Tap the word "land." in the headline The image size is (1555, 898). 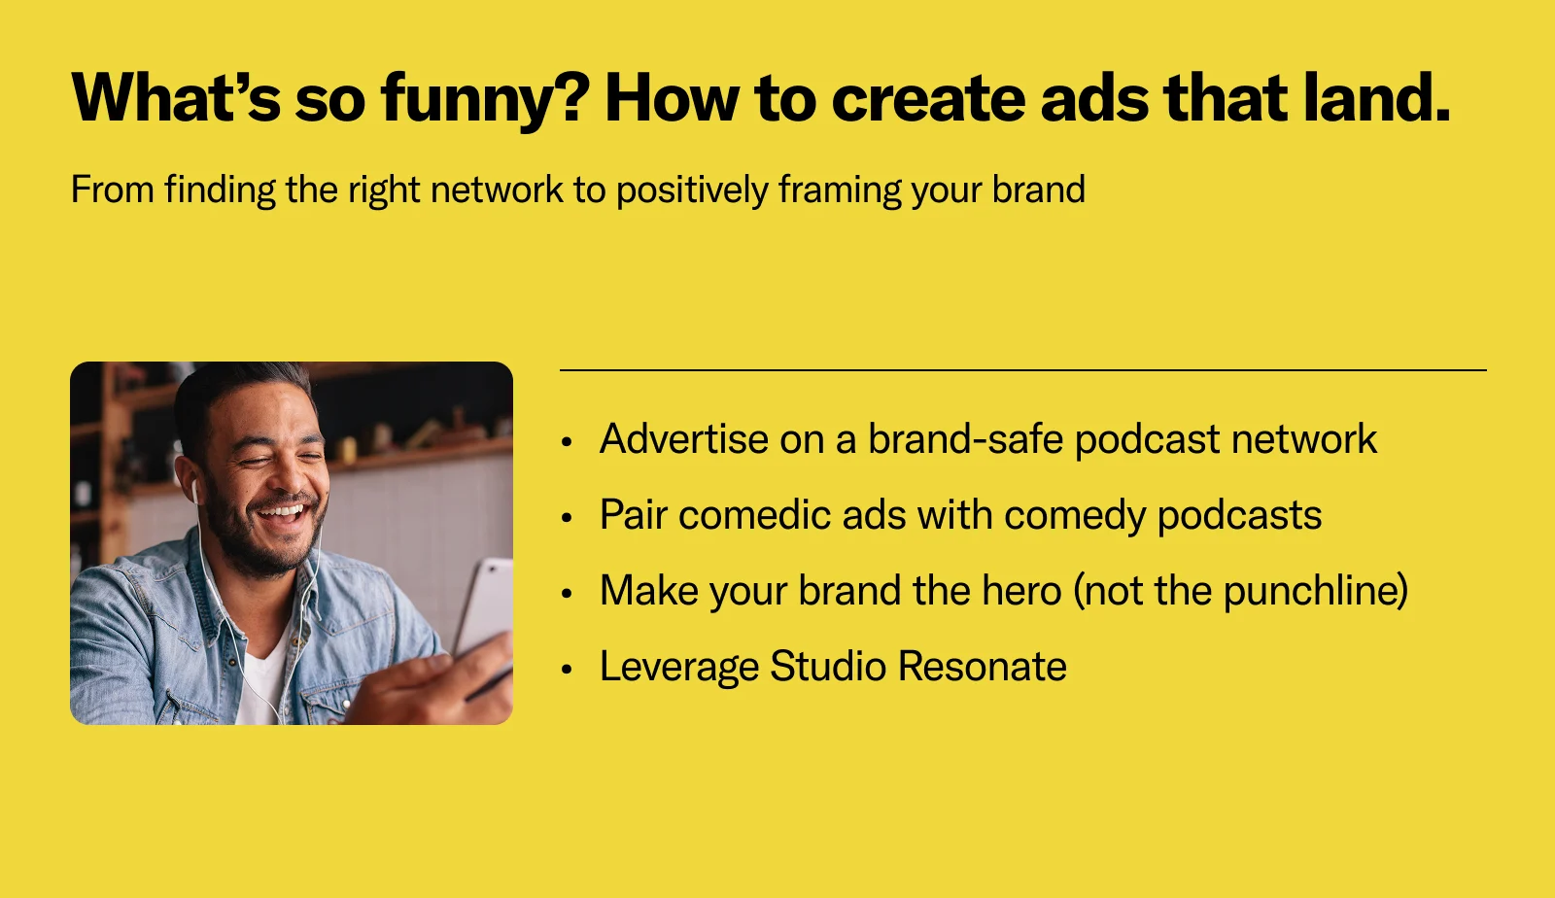tap(1377, 96)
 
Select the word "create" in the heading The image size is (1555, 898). tap(928, 98)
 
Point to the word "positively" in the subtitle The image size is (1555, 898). tap(692, 190)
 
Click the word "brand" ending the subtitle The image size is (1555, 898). tap(1039, 189)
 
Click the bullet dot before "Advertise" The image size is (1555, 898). tap(568, 441)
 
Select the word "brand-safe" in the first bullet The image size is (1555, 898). tap(966, 438)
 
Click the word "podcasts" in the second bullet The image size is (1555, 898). tap(1239, 516)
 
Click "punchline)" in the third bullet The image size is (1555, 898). tap(1316, 591)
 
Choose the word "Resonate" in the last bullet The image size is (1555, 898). tap(983, 667)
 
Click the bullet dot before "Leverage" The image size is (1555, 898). tap(568, 669)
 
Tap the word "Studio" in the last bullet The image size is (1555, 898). tap(828, 667)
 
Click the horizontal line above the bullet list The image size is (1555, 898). tap(1023, 370)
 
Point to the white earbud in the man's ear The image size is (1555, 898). tap(195, 490)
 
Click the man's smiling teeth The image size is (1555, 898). tap(282, 513)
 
